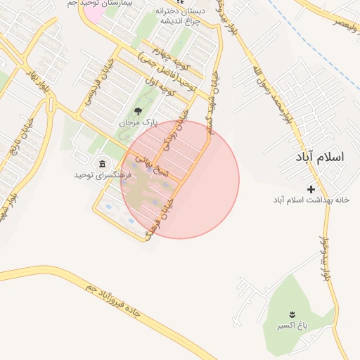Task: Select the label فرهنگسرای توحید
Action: (103, 174)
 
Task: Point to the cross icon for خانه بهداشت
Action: (311, 188)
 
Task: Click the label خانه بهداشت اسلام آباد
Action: (311, 200)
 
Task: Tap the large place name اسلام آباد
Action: (321, 156)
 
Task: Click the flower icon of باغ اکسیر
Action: (291, 314)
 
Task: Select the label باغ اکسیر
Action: (291, 326)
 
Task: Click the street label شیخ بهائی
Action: (148, 163)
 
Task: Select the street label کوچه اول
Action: (158, 86)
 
